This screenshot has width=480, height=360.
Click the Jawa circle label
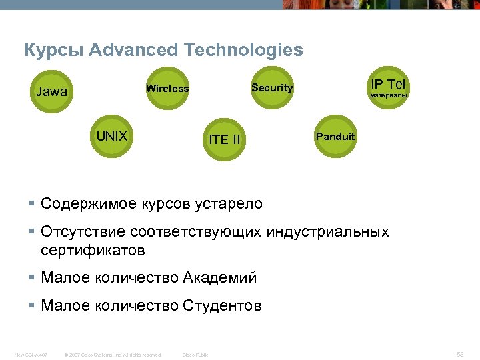pos(51,92)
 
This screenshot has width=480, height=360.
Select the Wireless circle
pos(167,89)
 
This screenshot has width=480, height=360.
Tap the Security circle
pos(272,87)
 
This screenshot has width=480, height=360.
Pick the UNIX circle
pos(112,137)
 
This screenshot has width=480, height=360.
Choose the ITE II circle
pos(224,139)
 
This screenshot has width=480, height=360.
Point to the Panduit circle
pos(335,137)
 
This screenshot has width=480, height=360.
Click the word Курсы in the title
pos(53,50)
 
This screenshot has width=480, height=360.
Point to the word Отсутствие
pos(83,232)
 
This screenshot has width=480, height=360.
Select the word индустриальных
pos(327,232)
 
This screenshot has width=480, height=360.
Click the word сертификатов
pos(93,251)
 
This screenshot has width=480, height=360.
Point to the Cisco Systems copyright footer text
pos(113,355)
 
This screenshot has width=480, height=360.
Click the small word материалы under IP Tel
pos(388,95)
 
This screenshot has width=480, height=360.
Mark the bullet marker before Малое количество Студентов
pos(32,306)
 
